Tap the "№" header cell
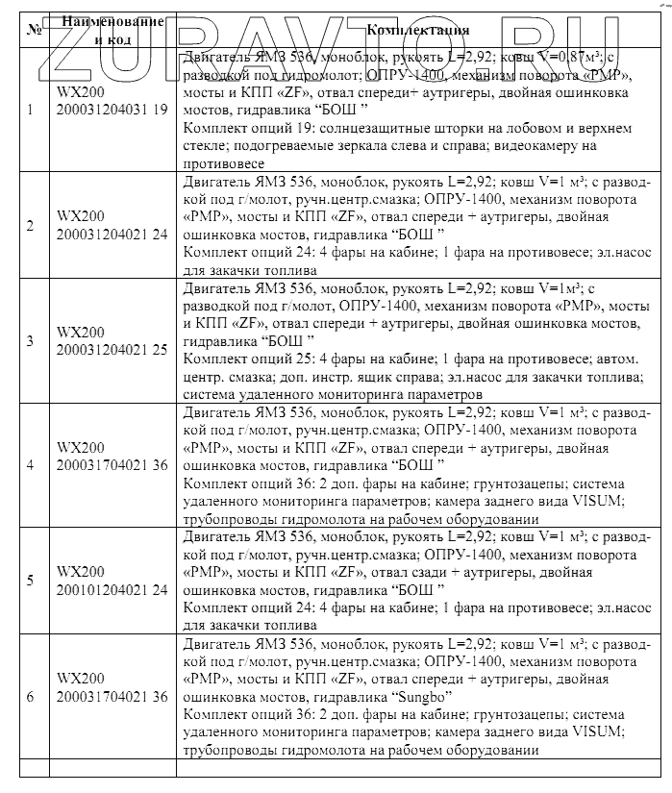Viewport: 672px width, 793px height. [34, 30]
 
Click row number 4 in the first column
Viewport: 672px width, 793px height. [30, 465]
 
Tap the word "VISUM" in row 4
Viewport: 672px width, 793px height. [600, 502]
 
